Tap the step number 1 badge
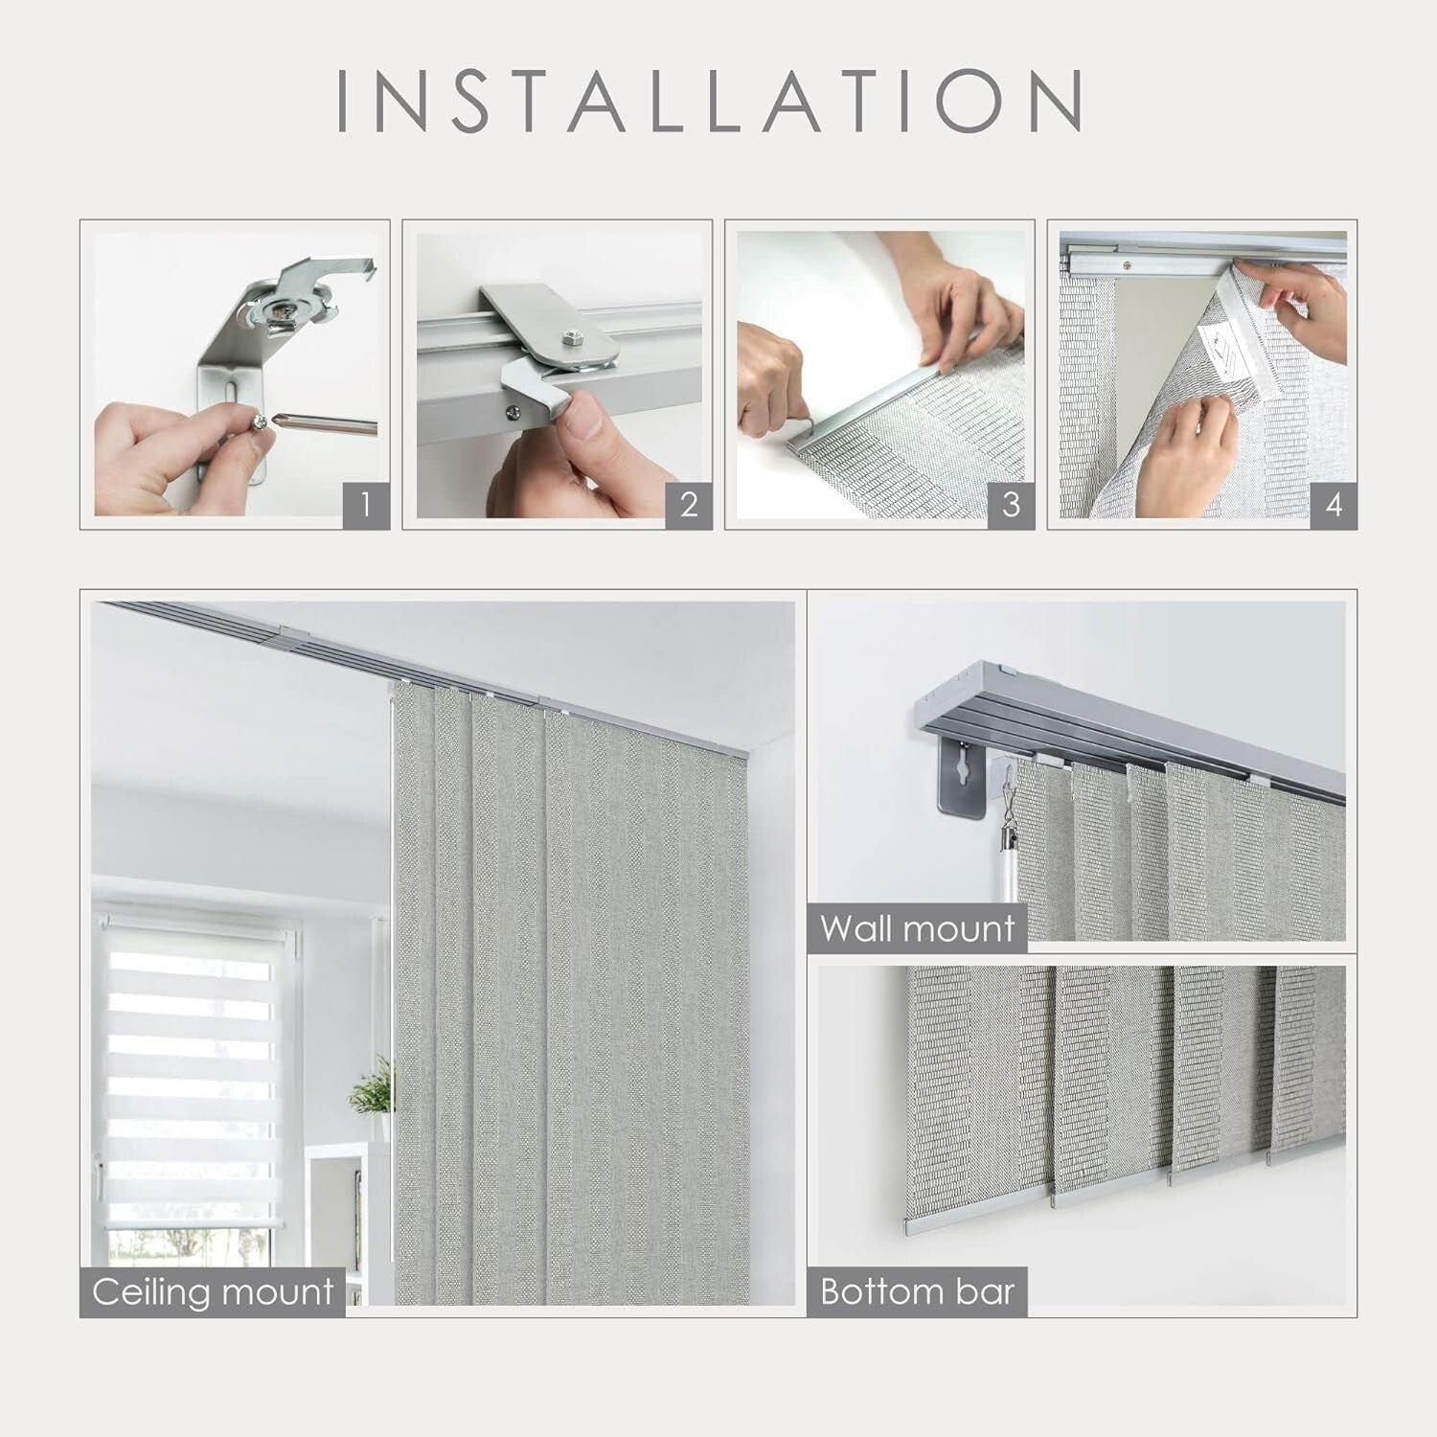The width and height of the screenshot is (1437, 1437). point(365,504)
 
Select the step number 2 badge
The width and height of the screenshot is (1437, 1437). point(688,504)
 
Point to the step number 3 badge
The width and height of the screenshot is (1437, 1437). point(1011,504)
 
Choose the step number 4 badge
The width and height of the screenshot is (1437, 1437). point(1334,504)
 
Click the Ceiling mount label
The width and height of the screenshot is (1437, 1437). point(213,1291)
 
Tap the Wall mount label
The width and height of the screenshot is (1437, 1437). point(917,928)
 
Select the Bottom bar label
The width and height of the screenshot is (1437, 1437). point(917,1291)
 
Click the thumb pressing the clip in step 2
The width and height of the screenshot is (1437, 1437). point(581,422)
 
